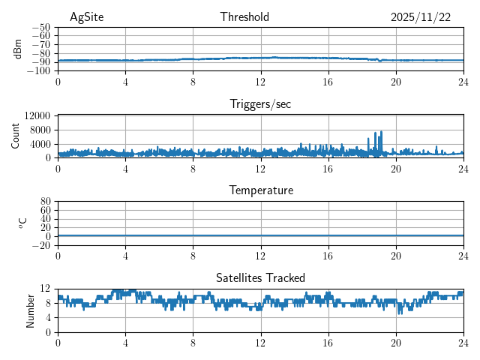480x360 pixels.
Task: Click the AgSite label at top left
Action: click(87, 17)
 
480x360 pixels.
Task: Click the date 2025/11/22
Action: click(421, 17)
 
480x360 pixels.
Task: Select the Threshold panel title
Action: click(244, 17)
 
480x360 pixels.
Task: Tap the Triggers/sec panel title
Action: click(260, 104)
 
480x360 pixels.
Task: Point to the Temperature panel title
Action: click(260, 190)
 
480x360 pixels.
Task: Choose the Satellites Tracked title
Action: click(260, 277)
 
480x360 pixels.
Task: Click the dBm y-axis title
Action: click(18, 49)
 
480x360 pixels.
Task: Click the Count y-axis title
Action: click(15, 136)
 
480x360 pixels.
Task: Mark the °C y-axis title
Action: click(22, 223)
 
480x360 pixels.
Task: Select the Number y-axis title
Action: click(30, 310)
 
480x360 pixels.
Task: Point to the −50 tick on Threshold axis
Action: click(41, 27)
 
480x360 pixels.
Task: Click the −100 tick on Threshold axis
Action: click(39, 71)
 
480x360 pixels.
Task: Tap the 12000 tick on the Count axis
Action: click(37, 115)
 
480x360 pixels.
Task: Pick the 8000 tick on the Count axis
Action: click(39, 130)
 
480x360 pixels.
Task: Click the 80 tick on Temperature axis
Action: click(45, 201)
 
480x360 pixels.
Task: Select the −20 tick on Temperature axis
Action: click(41, 245)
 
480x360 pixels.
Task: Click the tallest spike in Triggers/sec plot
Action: click(381, 132)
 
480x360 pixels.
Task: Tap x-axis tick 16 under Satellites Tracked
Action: click(328, 342)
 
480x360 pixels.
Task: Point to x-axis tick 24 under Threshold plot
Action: click(463, 82)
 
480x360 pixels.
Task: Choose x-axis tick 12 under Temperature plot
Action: click(260, 256)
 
